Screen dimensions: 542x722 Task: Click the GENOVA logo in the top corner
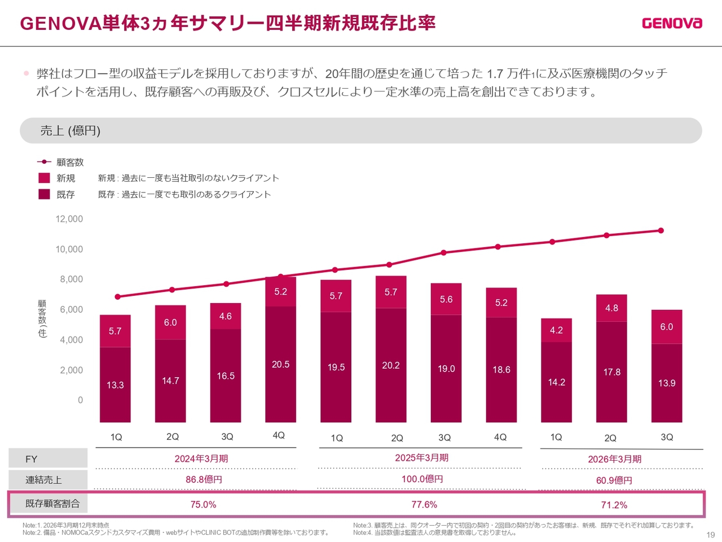672,23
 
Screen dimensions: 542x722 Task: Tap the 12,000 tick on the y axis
69,219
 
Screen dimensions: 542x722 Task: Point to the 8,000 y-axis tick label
72,279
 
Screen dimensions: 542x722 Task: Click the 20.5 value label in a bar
280,365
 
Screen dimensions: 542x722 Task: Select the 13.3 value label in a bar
115,385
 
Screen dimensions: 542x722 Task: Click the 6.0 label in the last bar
666,327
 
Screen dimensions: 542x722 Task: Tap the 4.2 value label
556,330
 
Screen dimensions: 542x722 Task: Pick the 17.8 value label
611,372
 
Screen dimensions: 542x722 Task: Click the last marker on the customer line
661,230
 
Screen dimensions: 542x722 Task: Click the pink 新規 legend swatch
44,178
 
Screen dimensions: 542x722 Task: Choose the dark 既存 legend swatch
44,194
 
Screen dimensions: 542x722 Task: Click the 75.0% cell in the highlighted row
203,505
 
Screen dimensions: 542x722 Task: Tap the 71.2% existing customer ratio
614,505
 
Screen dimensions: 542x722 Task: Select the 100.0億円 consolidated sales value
422,479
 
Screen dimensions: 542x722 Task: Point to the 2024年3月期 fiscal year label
201,458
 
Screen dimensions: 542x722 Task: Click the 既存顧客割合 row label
52,504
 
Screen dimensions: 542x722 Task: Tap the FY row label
31,459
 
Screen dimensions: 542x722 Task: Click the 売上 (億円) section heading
70,131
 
